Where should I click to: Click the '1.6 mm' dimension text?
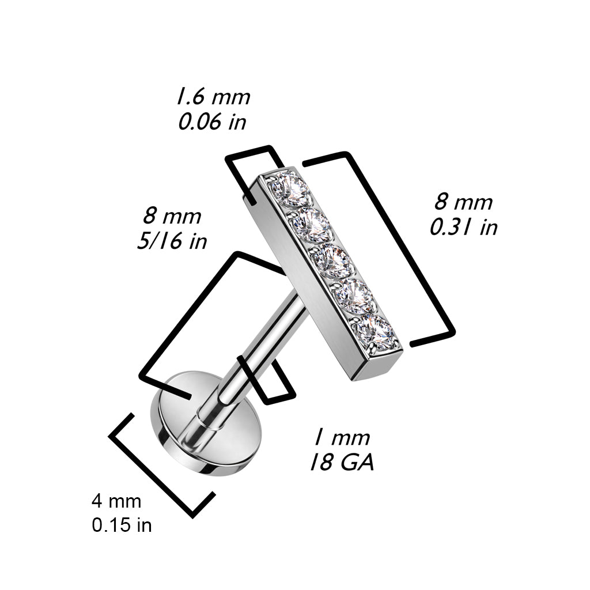213,97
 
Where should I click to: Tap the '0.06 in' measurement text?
212,122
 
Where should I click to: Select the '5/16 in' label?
172,241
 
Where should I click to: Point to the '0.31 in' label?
464,227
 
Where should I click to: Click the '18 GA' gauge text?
342,462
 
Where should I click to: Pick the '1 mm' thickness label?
342,438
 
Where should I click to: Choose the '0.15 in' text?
122,525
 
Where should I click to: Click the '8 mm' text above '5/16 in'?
172,217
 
